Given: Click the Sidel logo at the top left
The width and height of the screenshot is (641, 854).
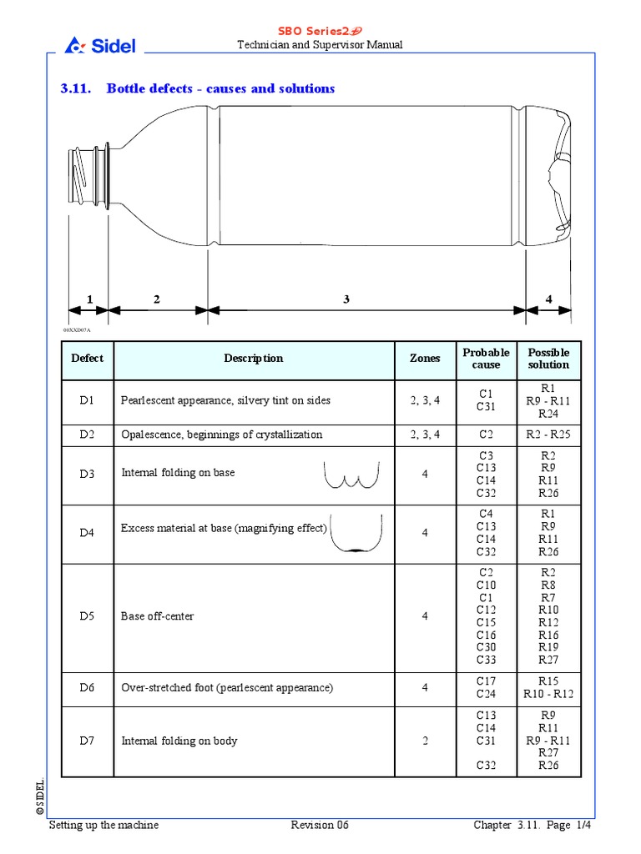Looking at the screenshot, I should [x=100, y=45].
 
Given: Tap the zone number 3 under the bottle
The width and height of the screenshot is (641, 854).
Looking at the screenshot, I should [x=346, y=299].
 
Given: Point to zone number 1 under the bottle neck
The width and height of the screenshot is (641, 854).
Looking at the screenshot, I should [x=88, y=299].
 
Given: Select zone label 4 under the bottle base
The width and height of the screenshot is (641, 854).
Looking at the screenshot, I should [x=548, y=299].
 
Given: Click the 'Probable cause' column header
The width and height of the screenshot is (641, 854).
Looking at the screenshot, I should [x=486, y=359].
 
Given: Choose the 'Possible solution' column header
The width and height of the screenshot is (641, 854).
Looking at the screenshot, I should [x=548, y=359].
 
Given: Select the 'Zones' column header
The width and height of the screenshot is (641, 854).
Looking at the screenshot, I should [x=425, y=359].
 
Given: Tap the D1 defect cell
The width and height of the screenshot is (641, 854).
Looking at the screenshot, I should [x=88, y=400].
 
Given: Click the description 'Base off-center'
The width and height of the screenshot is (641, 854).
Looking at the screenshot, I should [x=158, y=616].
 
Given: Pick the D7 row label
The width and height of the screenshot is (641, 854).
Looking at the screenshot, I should [x=88, y=741].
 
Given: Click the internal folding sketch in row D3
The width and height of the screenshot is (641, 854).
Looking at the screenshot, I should [x=351, y=474].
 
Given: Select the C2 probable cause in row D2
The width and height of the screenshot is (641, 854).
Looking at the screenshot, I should [x=486, y=435].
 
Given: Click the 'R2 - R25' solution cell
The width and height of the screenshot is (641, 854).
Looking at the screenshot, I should [x=548, y=435].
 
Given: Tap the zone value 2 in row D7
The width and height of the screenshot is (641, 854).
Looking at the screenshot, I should [x=425, y=741].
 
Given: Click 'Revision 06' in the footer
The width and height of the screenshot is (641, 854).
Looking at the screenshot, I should [x=320, y=825].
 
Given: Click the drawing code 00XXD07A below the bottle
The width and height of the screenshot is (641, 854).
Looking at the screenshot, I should [x=76, y=330].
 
